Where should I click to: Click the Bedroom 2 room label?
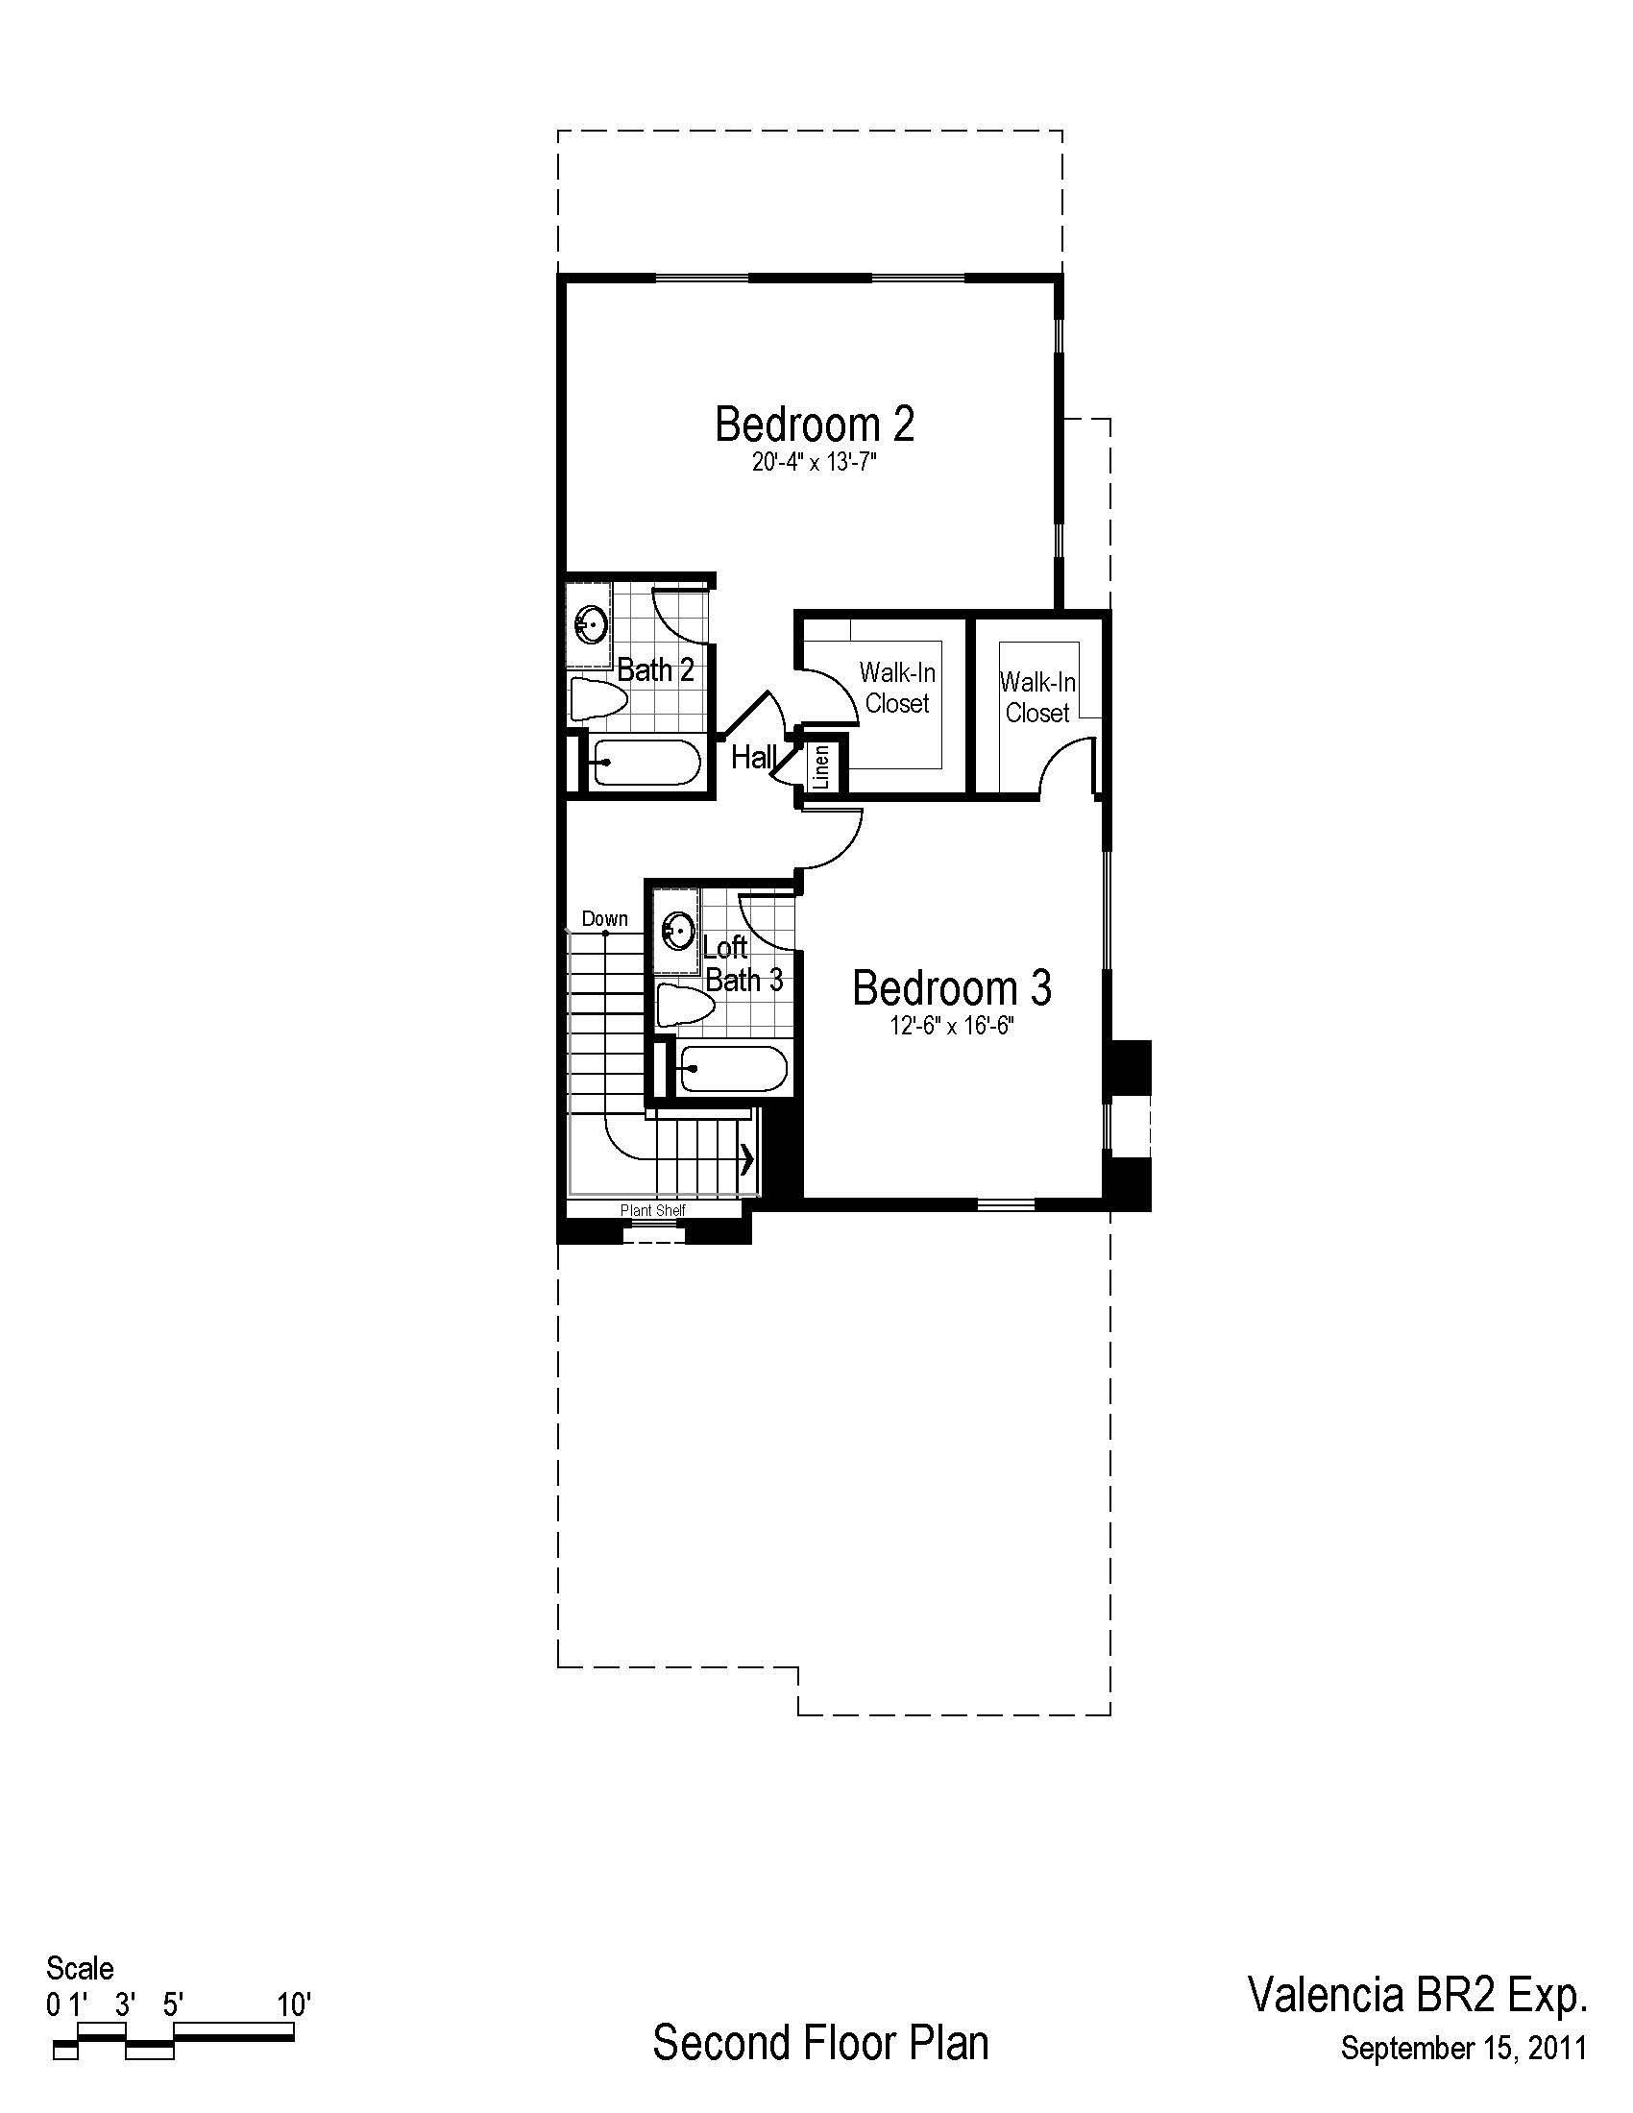(815, 424)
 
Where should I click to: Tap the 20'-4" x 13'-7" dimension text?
(815, 464)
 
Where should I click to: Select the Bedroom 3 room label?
(952, 987)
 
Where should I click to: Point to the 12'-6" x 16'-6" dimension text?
(952, 1027)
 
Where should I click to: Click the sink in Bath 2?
(590, 625)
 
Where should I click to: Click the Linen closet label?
(822, 765)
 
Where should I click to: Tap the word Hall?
(754, 757)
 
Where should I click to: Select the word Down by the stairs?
(604, 918)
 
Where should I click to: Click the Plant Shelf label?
(653, 1209)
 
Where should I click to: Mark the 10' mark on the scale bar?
(293, 2004)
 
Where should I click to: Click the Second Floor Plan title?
(820, 2041)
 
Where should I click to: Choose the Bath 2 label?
(656, 669)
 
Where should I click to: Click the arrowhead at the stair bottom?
(746, 1158)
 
